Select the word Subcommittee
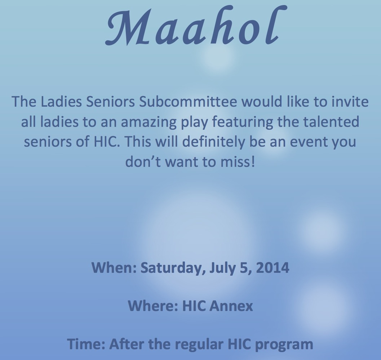point(188,102)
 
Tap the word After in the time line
point(127,344)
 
